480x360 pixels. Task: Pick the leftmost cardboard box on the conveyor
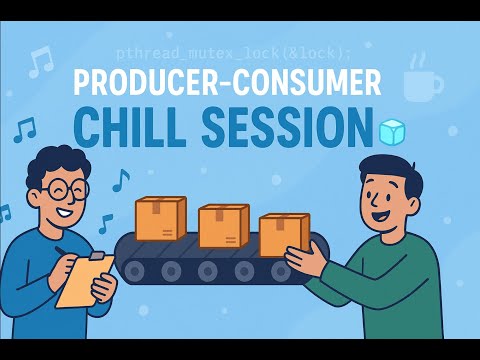(x=160, y=218)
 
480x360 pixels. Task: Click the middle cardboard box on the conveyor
(x=222, y=226)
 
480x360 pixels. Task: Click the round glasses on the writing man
(x=63, y=188)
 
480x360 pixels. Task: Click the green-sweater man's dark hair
(x=386, y=170)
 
